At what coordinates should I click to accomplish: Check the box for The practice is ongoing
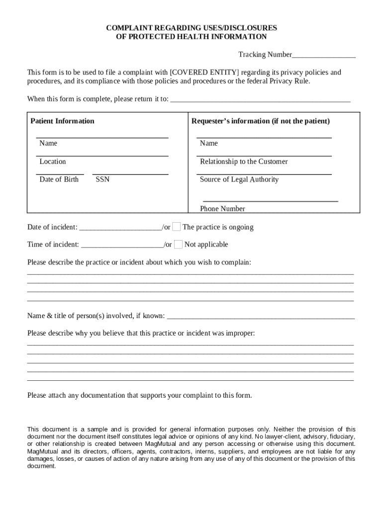177,227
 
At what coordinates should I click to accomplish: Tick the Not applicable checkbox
178,245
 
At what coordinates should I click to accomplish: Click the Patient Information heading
62,121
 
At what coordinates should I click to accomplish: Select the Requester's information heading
261,121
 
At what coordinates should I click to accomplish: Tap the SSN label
102,179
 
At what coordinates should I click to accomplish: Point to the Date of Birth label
59,179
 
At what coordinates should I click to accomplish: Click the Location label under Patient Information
53,162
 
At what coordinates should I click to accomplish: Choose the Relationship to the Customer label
244,162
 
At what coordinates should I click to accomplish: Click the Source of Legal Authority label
239,179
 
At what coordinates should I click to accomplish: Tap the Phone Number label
222,209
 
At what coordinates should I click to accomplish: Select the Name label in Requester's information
209,144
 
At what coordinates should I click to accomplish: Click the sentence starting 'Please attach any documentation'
140,396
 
